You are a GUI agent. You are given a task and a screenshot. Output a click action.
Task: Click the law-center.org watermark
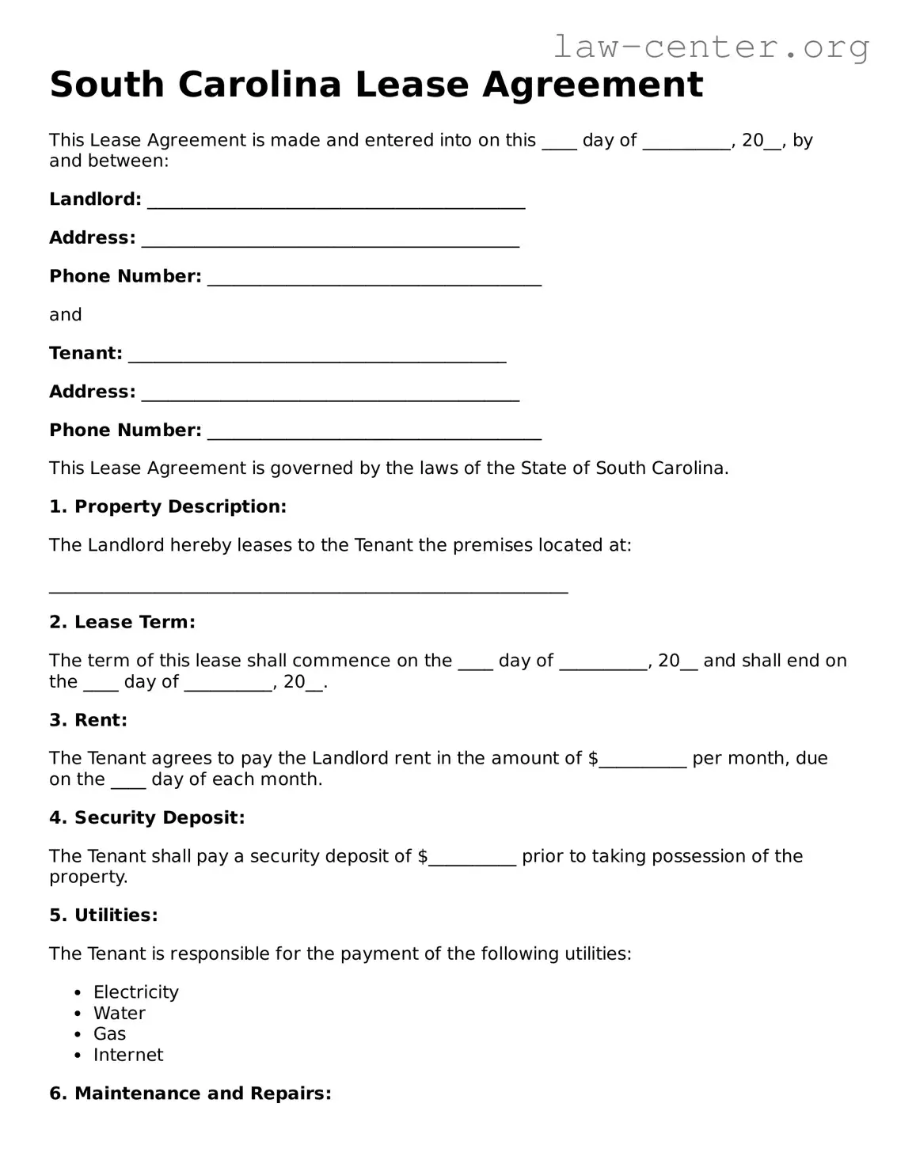710,47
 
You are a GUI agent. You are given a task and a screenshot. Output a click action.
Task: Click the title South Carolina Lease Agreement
376,85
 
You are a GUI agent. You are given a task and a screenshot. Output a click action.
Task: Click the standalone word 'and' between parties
66,315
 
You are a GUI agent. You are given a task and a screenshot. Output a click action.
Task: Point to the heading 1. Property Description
168,506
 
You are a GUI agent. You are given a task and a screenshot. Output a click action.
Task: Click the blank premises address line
308,586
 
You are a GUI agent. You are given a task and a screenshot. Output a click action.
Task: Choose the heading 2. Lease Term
122,623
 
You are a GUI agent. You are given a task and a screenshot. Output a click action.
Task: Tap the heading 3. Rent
88,720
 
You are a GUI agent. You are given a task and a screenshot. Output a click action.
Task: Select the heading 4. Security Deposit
147,817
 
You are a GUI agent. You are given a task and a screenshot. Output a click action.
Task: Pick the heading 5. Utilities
104,915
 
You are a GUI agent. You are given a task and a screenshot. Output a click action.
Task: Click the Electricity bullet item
135,992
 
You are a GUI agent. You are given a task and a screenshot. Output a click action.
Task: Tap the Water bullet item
119,1014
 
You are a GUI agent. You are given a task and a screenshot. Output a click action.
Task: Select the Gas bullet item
109,1034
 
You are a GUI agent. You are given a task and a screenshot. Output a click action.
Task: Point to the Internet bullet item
128,1056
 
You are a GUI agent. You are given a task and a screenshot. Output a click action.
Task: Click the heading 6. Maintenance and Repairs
190,1094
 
